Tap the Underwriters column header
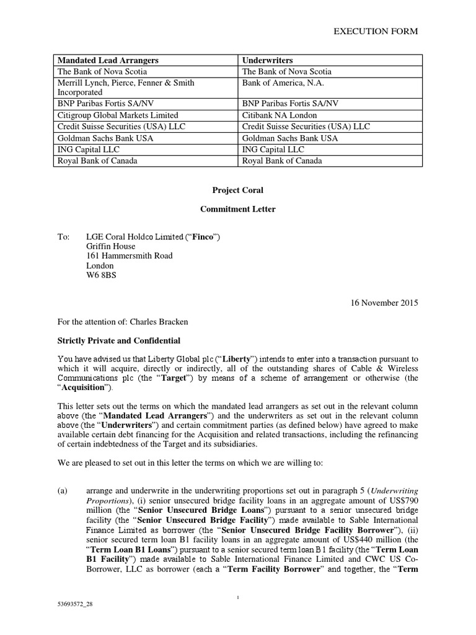pyautogui.click(x=268, y=60)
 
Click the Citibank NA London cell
pyautogui.click(x=279, y=115)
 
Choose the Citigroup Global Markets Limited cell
pyautogui.click(x=118, y=115)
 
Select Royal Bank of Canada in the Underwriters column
pyautogui.click(x=283, y=161)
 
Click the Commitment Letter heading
pyautogui.click(x=237, y=209)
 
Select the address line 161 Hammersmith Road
pyautogui.click(x=128, y=255)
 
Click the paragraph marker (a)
pyautogui.click(x=62, y=490)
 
